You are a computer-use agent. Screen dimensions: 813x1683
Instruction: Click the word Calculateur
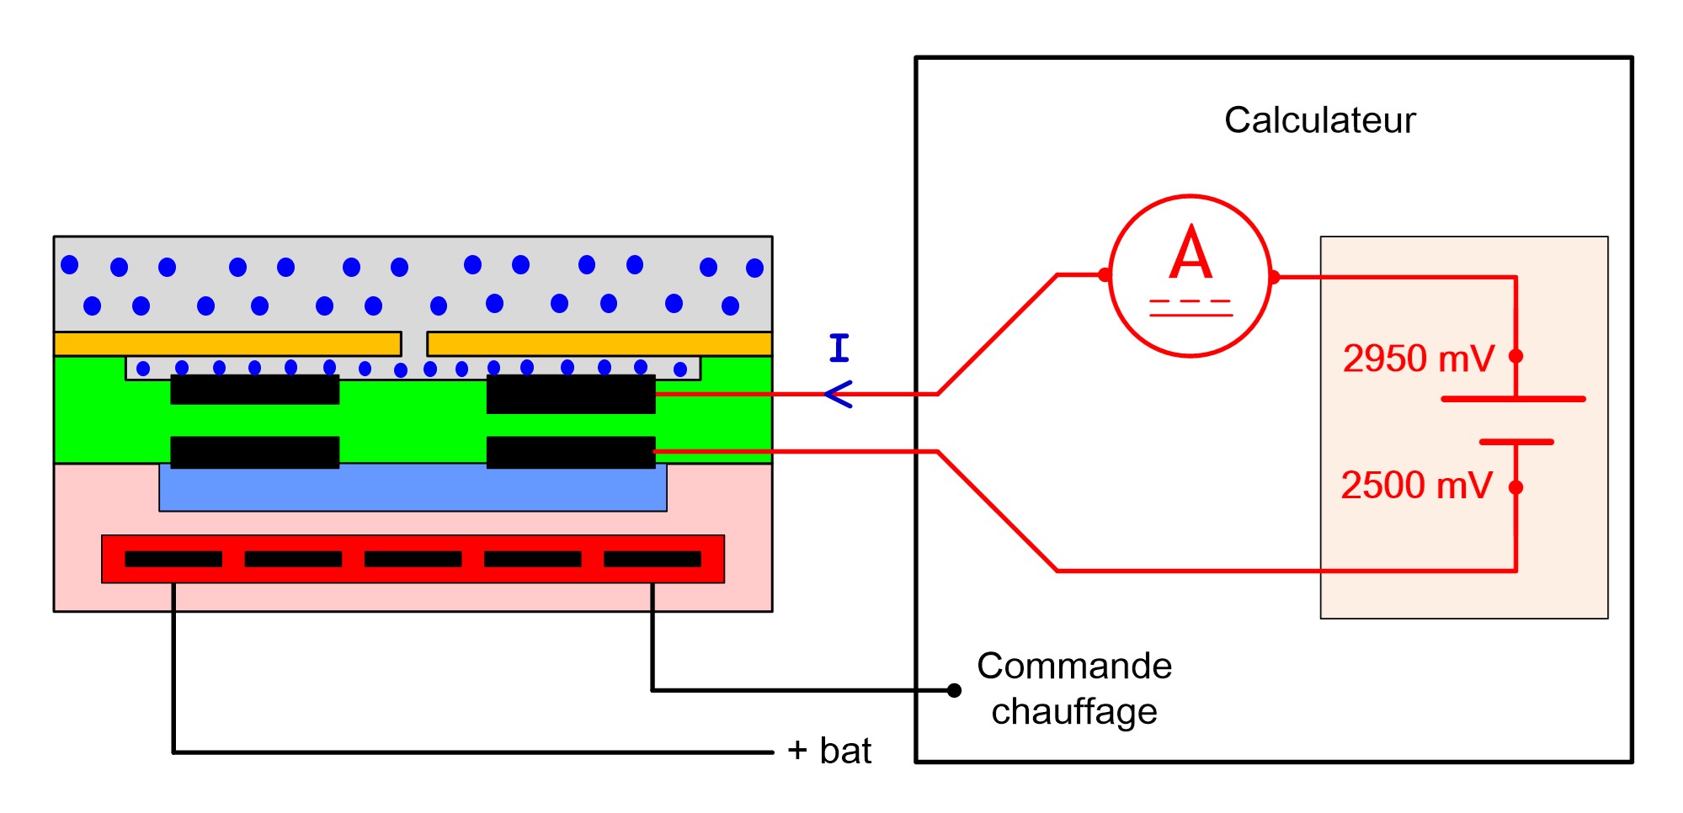(1319, 120)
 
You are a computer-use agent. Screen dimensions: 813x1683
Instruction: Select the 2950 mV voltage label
(1418, 359)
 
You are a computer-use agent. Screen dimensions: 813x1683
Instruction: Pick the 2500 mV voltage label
(1416, 486)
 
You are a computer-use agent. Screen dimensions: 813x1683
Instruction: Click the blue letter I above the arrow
(839, 348)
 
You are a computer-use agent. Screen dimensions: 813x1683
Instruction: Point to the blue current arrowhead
(838, 394)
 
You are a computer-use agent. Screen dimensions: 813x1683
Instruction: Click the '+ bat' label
(829, 751)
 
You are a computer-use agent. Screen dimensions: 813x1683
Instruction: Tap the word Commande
(1074, 666)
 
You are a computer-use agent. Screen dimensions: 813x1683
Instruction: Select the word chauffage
(1074, 712)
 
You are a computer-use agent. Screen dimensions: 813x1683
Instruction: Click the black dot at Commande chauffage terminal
(954, 690)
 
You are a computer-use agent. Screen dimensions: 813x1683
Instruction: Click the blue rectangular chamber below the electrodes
(413, 489)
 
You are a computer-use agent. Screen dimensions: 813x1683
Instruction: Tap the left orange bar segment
(227, 343)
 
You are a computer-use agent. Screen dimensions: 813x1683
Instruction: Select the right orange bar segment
(599, 343)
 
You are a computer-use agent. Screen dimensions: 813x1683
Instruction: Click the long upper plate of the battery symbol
(1513, 399)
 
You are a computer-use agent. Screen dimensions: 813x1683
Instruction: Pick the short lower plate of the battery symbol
(1516, 441)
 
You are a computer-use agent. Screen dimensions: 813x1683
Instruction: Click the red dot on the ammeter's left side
(1105, 274)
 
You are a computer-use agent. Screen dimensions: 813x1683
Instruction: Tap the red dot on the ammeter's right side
(1274, 277)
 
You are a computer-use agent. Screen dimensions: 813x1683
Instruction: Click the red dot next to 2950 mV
(1516, 356)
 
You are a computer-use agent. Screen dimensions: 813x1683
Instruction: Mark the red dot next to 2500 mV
(1516, 486)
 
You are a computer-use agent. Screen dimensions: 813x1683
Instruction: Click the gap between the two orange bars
(414, 343)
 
